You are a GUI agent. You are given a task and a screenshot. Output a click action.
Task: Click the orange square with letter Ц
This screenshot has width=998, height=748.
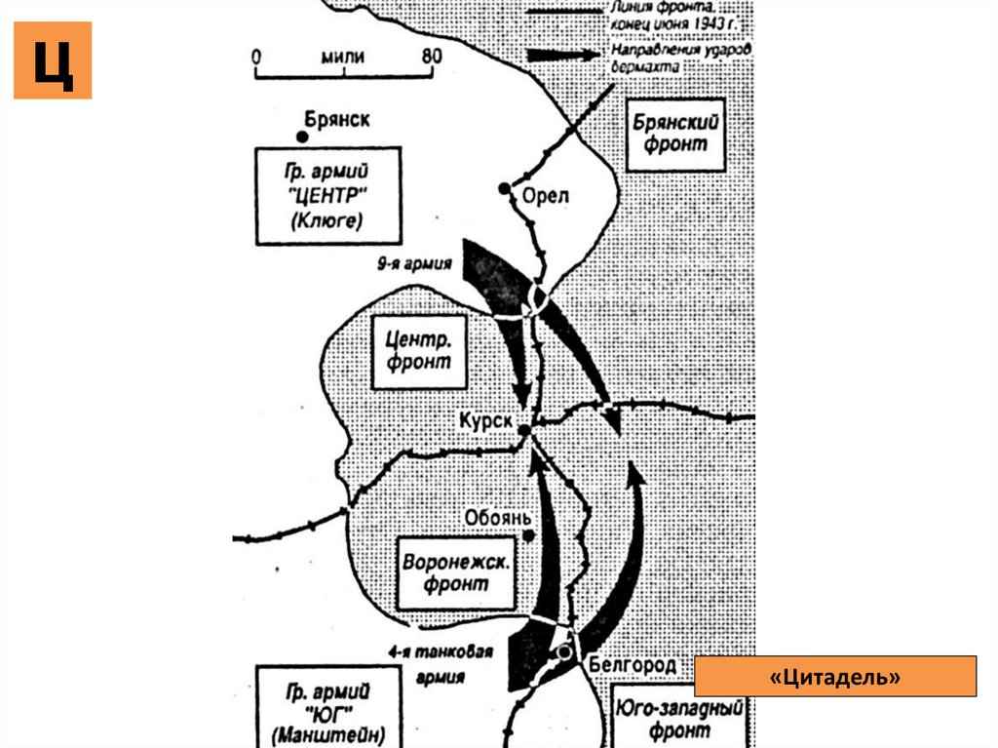pos(53,60)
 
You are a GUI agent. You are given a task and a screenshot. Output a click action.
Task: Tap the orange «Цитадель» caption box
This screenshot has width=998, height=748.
pos(835,676)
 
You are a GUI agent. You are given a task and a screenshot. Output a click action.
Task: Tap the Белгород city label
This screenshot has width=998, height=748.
pos(633,665)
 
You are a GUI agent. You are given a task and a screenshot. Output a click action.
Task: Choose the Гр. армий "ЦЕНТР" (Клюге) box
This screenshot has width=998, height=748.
pos(326,196)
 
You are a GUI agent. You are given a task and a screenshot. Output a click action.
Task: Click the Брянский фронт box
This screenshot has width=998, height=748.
pos(675,135)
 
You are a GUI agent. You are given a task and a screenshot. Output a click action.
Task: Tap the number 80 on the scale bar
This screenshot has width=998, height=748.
pos(432,56)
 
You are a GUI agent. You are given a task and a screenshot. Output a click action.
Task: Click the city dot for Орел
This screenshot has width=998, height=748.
pos(504,188)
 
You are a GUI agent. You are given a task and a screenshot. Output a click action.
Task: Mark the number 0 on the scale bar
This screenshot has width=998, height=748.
pos(256,56)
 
